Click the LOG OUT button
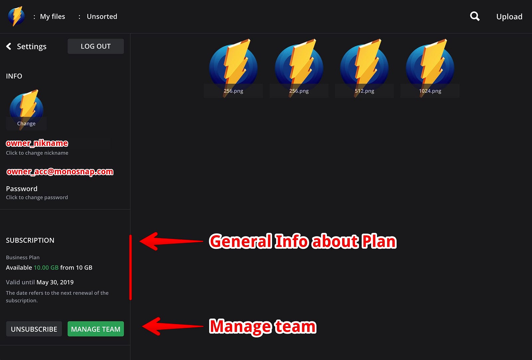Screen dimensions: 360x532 (x=96, y=46)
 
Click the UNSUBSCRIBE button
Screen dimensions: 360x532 (x=34, y=329)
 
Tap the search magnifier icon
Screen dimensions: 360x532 (x=475, y=16)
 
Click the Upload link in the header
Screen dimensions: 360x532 (x=509, y=17)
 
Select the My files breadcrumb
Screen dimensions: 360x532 (x=53, y=17)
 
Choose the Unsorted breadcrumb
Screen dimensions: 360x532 (x=102, y=17)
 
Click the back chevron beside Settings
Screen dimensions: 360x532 (x=9, y=46)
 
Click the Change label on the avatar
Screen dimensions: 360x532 (x=26, y=123)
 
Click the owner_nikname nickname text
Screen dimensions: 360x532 (x=37, y=143)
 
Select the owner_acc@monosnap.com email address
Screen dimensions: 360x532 (x=60, y=172)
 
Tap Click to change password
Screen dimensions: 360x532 (x=37, y=197)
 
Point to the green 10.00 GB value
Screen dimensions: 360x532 (x=46, y=268)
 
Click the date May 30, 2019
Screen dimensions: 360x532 (x=55, y=282)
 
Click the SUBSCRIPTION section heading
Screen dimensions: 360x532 (x=30, y=240)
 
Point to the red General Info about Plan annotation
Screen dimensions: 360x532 (x=303, y=242)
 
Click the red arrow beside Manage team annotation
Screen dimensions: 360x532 (x=173, y=326)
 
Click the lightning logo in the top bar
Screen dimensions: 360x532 (x=16, y=16)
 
